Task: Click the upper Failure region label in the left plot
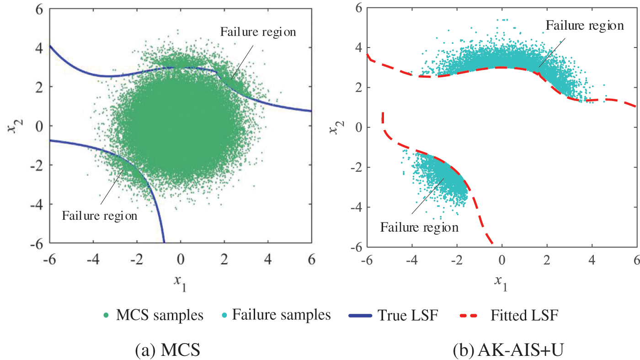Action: tap(258, 32)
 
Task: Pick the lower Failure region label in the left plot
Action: tap(100, 216)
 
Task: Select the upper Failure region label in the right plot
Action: tap(585, 26)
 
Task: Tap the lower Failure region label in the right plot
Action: tap(419, 227)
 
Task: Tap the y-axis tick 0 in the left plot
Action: tap(40, 126)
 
